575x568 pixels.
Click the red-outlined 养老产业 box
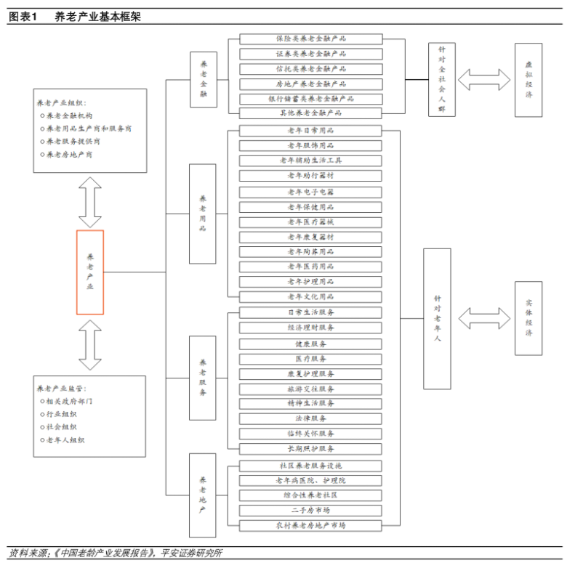click(90, 272)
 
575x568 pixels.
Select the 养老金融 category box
click(204, 79)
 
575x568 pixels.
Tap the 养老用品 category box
click(203, 214)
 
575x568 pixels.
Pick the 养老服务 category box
click(203, 377)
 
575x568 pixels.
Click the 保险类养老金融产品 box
click(311, 38)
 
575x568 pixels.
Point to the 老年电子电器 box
click(311, 192)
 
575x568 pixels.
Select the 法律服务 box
click(311, 418)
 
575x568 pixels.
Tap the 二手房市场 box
click(311, 510)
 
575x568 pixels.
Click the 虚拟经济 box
click(528, 79)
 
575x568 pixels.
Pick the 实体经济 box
click(528, 318)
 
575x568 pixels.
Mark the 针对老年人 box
click(437, 318)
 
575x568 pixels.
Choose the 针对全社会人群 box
click(441, 79)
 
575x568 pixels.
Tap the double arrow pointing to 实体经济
click(484, 317)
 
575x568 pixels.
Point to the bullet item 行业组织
click(67, 413)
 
